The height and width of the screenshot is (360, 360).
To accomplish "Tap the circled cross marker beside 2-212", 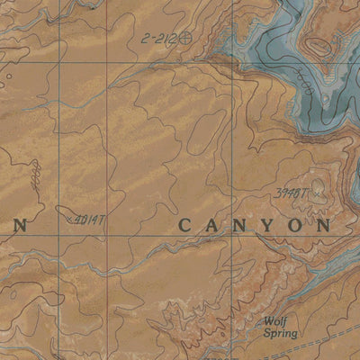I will [x=186, y=38].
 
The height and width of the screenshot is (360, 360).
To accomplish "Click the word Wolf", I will [x=275, y=320].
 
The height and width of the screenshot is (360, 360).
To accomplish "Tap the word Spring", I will [x=279, y=333].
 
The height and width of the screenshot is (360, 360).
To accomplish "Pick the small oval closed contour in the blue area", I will [x=319, y=43].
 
